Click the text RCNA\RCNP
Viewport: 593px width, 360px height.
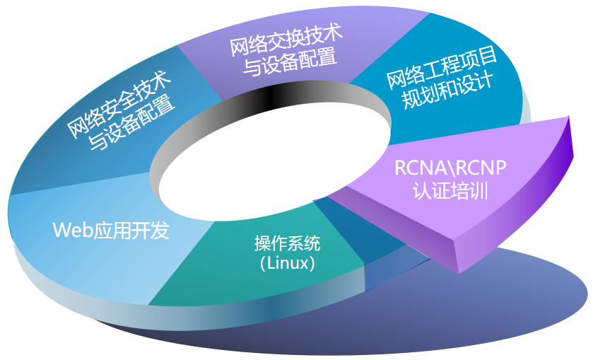450,168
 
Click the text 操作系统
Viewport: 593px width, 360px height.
287,245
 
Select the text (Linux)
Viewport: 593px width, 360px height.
287,264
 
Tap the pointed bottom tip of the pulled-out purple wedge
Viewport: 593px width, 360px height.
461,271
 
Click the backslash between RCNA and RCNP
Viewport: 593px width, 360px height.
451,168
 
